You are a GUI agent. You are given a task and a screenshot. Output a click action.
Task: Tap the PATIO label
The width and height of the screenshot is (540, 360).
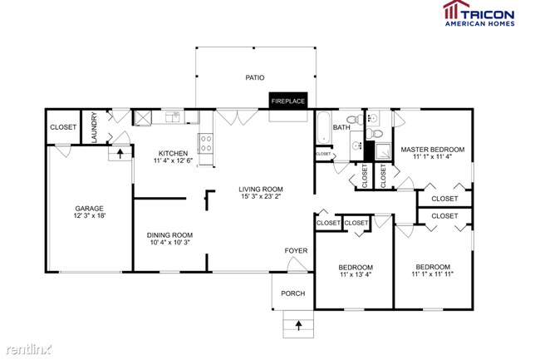point(254,77)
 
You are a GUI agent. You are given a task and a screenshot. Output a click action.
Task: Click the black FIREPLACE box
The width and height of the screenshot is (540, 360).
point(287,101)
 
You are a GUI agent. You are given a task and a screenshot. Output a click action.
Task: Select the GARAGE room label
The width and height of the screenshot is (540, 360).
point(89,209)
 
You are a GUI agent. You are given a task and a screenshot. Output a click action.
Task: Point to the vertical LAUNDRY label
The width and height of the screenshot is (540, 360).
point(95,127)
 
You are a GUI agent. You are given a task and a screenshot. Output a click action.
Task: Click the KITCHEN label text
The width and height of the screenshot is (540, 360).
point(173,153)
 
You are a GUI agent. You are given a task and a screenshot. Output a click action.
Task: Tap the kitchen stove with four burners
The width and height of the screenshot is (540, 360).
point(204,141)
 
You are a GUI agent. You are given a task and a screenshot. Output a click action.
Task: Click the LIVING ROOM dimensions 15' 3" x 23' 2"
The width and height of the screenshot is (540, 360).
point(261,197)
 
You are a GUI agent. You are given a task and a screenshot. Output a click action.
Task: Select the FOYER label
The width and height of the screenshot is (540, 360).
point(296,249)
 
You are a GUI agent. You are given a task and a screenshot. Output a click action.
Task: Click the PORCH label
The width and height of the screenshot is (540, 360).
point(292,293)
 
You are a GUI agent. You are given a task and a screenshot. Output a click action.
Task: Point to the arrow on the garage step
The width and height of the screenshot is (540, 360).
point(121,152)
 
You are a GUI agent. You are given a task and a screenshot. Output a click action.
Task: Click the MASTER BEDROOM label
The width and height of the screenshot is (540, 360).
point(432,150)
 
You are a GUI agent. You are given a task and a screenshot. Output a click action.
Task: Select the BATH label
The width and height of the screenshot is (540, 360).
point(341,127)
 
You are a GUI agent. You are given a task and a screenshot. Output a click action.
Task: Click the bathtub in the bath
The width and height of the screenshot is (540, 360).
point(322,128)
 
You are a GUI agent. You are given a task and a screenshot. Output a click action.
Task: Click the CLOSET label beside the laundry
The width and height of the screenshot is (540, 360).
point(63,127)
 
